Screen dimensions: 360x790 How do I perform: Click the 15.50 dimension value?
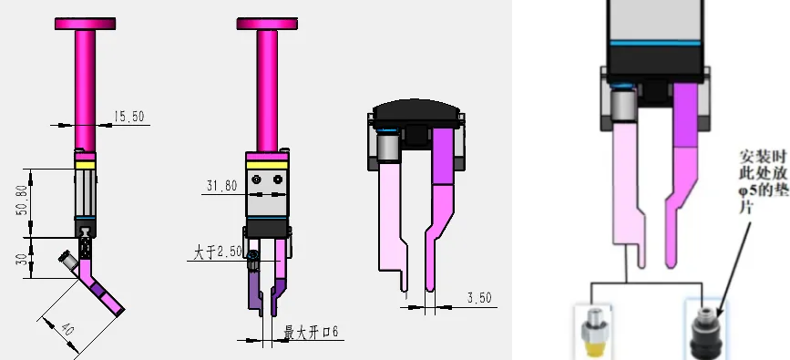tap(128, 117)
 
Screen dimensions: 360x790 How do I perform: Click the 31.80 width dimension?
tap(221, 186)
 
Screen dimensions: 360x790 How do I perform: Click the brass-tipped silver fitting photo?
tap(591, 330)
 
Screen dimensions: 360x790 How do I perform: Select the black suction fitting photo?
tap(707, 329)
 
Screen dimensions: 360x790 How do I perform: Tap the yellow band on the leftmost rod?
tap(86, 164)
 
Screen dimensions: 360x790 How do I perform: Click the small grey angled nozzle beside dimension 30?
tap(68, 262)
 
